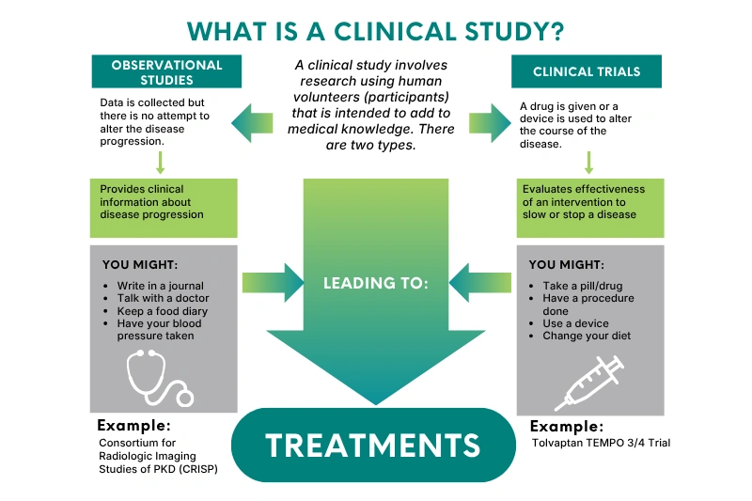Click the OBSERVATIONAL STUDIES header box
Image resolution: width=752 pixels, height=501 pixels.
pos(166,71)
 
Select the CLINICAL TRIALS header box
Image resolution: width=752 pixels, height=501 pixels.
pos(586,71)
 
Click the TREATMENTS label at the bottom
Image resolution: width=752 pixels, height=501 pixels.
pos(373,445)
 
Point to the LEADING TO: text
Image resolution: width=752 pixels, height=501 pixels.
pos(375,283)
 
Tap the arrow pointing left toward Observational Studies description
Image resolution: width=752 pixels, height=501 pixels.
pos(252,123)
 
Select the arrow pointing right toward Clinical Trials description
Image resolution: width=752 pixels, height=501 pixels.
pos(490,123)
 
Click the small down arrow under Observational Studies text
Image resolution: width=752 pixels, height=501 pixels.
pos(161,163)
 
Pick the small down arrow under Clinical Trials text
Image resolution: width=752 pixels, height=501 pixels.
pos(589,163)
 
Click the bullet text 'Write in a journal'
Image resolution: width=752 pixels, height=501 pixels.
pos(160,286)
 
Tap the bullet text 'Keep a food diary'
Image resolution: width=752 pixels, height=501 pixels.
pos(162,311)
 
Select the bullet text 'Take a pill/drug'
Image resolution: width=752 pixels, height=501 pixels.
pos(583,286)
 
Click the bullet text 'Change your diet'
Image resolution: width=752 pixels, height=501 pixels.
pos(587,336)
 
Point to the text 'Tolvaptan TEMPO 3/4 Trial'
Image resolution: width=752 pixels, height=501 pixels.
pos(601,443)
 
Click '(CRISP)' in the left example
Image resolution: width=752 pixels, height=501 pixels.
pos(198,469)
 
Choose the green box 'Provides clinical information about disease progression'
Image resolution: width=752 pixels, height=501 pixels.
pos(164,208)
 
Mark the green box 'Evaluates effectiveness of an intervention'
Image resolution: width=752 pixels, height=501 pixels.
pos(590,208)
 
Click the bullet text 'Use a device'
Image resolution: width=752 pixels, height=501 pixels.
pos(575,323)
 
